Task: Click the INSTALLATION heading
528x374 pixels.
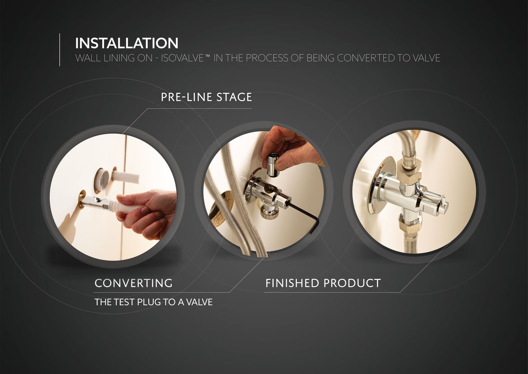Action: [x=127, y=43]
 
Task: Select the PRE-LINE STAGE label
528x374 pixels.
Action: [x=207, y=97]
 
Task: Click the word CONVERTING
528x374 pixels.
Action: [x=134, y=283]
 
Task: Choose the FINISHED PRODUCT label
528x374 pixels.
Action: [x=323, y=283]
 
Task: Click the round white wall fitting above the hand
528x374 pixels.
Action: [x=101, y=180]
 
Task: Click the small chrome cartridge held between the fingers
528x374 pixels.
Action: [x=273, y=165]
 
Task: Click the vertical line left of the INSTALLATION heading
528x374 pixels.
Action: [x=60, y=49]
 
